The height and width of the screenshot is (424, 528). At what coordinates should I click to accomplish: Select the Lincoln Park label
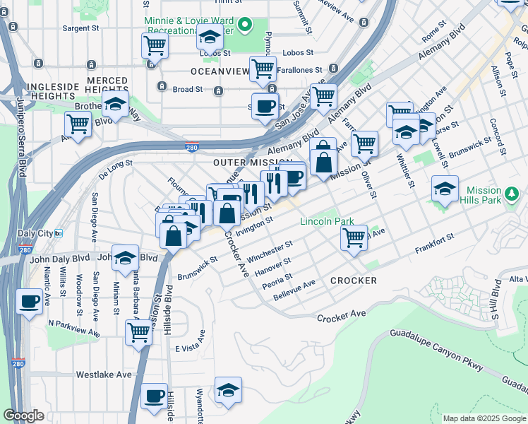[x=327, y=221]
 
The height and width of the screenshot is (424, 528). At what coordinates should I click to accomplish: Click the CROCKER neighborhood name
[x=353, y=281]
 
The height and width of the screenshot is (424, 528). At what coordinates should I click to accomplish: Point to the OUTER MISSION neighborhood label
[x=243, y=163]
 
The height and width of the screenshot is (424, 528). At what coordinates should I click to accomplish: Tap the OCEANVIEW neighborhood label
[x=220, y=71]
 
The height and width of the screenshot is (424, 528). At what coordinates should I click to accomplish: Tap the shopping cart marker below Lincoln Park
[x=354, y=236]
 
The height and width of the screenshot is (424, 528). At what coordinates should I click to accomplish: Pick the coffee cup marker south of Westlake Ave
[x=154, y=396]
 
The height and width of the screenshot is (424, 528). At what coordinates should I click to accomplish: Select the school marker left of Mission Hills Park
[x=445, y=189]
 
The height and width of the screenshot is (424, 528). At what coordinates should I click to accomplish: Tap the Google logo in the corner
[x=23, y=416]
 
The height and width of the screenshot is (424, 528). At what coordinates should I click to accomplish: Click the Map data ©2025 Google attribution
[x=484, y=418]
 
